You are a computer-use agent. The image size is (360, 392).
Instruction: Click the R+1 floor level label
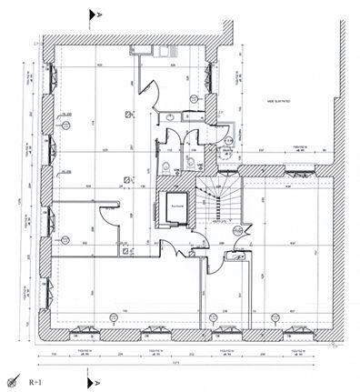[38, 382]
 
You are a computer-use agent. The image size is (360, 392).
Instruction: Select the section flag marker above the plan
[92, 15]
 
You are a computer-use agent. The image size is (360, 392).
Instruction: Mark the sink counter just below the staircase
[235, 258]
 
